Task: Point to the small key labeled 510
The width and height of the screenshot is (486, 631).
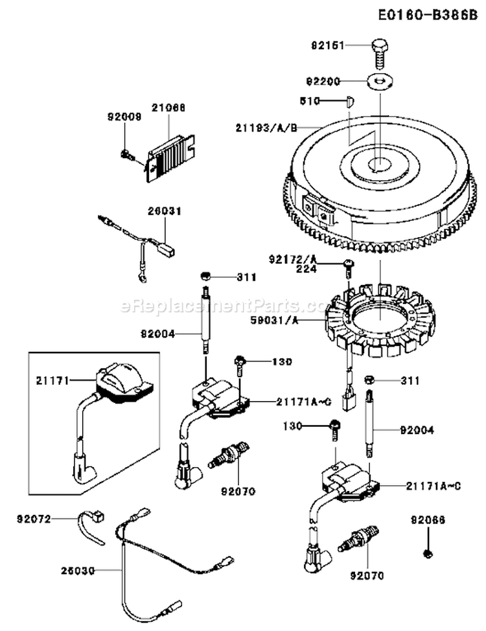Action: pyautogui.click(x=349, y=100)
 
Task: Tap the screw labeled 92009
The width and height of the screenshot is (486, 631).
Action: pyautogui.click(x=126, y=154)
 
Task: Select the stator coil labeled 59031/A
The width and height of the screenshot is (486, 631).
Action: pyautogui.click(x=376, y=321)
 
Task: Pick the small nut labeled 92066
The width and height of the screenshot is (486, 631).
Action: pyautogui.click(x=428, y=553)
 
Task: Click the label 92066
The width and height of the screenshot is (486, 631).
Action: pyautogui.click(x=428, y=520)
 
